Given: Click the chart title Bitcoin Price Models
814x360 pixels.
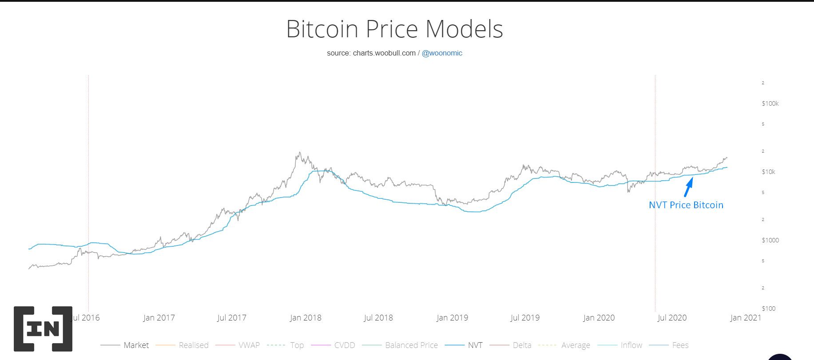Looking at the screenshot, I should click(x=394, y=29).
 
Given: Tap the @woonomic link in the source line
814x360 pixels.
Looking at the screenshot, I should click(x=442, y=53).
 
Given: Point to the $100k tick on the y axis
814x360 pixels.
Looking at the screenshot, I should click(x=770, y=103).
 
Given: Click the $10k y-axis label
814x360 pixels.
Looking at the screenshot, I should click(x=768, y=172).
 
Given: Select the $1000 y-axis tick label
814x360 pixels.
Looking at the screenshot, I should click(x=770, y=240).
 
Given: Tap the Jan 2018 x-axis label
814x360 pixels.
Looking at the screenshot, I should click(x=306, y=318).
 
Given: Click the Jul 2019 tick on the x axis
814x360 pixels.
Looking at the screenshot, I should click(x=525, y=318).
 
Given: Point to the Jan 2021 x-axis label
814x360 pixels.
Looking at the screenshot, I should click(x=746, y=318).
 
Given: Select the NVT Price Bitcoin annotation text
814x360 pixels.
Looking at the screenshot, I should click(x=686, y=205).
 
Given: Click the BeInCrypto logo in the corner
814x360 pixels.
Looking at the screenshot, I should click(x=43, y=329).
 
